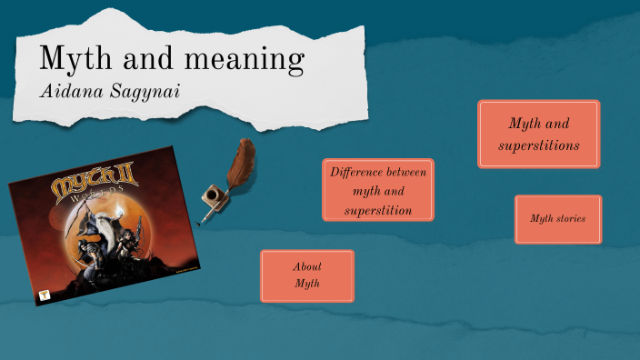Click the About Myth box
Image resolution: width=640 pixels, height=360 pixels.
pyautogui.click(x=307, y=275)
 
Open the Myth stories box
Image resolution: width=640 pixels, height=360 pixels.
pyautogui.click(x=557, y=219)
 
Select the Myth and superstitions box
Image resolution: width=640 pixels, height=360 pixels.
pyautogui.click(x=538, y=134)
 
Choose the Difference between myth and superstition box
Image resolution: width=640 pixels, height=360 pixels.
pyautogui.click(x=377, y=190)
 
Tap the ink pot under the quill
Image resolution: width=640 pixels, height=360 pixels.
pyautogui.click(x=211, y=197)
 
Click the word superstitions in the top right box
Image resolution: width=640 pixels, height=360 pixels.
pyautogui.click(x=538, y=145)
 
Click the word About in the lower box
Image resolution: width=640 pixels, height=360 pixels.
pyautogui.click(x=307, y=266)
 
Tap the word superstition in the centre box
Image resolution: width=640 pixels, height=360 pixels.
pyautogui.click(x=378, y=211)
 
